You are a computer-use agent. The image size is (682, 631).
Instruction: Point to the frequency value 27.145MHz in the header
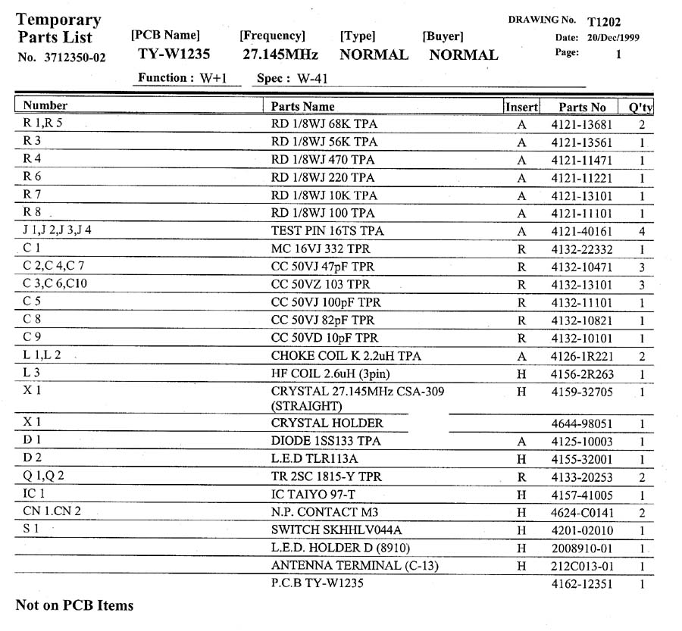click(x=280, y=55)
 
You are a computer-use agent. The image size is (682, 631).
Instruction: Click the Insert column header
click(x=521, y=108)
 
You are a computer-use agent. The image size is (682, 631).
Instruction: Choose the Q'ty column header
click(x=640, y=108)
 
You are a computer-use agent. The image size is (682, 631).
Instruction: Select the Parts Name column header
click(x=302, y=107)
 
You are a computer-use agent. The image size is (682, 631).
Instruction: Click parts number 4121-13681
click(x=582, y=125)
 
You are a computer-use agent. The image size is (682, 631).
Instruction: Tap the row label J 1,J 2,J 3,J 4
click(x=58, y=230)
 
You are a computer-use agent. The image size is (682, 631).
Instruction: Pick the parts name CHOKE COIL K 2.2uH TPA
click(x=346, y=356)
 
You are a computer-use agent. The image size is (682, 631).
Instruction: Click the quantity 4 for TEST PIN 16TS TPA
click(x=641, y=232)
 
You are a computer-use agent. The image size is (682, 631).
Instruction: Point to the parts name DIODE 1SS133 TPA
click(x=326, y=441)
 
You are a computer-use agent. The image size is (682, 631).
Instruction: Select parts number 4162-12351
click(x=582, y=584)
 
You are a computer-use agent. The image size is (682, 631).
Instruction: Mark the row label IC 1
click(x=35, y=494)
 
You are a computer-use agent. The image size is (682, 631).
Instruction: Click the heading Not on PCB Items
click(x=74, y=605)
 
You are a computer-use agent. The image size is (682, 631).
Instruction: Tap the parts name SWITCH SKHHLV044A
click(x=336, y=529)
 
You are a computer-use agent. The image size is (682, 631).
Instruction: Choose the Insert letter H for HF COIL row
click(x=521, y=374)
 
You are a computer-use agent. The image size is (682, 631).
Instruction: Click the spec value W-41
click(x=312, y=78)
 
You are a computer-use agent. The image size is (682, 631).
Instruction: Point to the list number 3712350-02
click(x=74, y=57)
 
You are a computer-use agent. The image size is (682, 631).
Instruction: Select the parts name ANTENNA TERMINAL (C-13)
click(x=355, y=565)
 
